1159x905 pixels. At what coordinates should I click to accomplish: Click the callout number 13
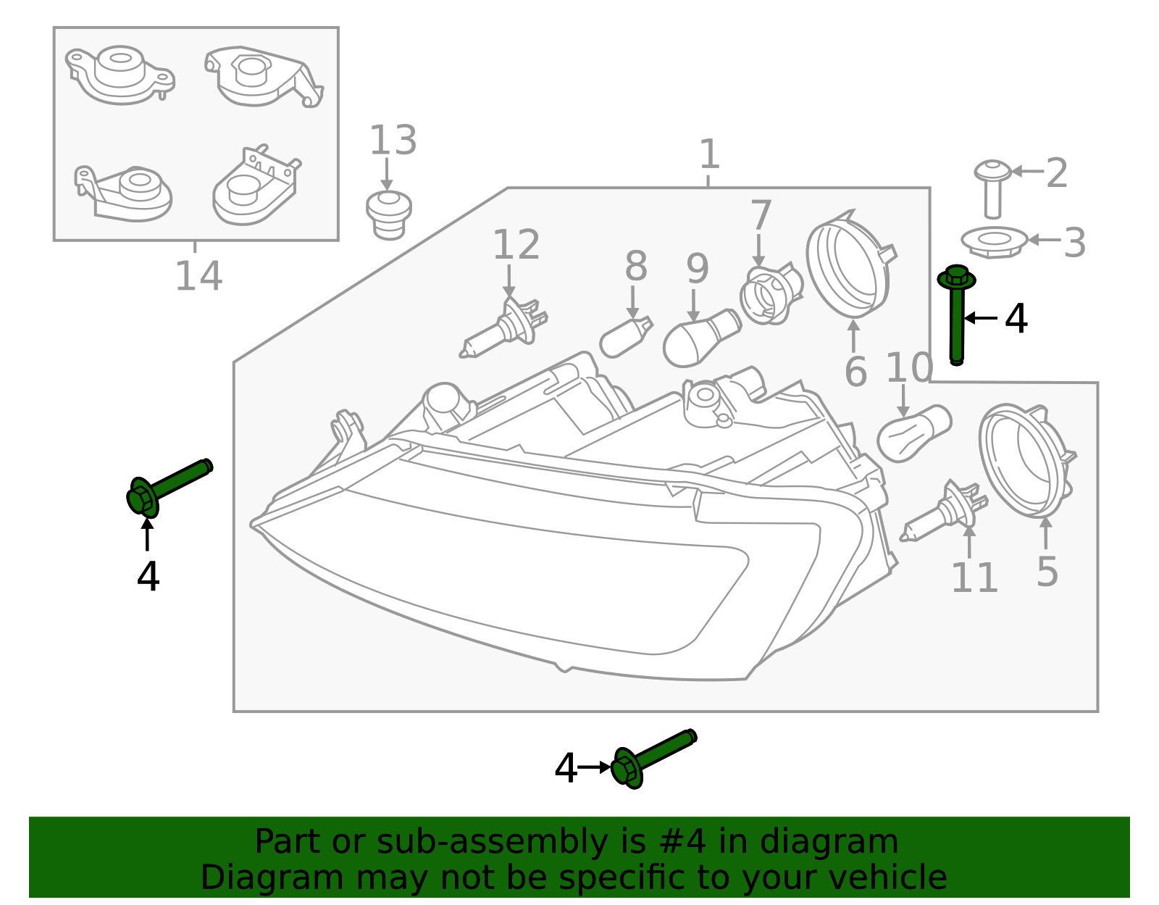pos(393,141)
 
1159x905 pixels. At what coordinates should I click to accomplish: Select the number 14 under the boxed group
pos(198,276)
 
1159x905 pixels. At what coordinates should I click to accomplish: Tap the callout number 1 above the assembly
pos(709,155)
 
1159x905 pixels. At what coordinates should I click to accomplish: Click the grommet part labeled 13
pos(389,214)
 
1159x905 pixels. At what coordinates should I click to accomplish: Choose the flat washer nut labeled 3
pos(994,241)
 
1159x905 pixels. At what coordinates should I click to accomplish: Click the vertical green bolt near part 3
pos(957,315)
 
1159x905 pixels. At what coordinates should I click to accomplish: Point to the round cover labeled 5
pos(1024,459)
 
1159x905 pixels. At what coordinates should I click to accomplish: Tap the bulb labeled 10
pos(913,433)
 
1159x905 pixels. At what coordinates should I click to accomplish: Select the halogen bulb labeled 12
pos(505,328)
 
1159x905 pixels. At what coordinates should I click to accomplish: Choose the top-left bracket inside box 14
pos(120,75)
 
